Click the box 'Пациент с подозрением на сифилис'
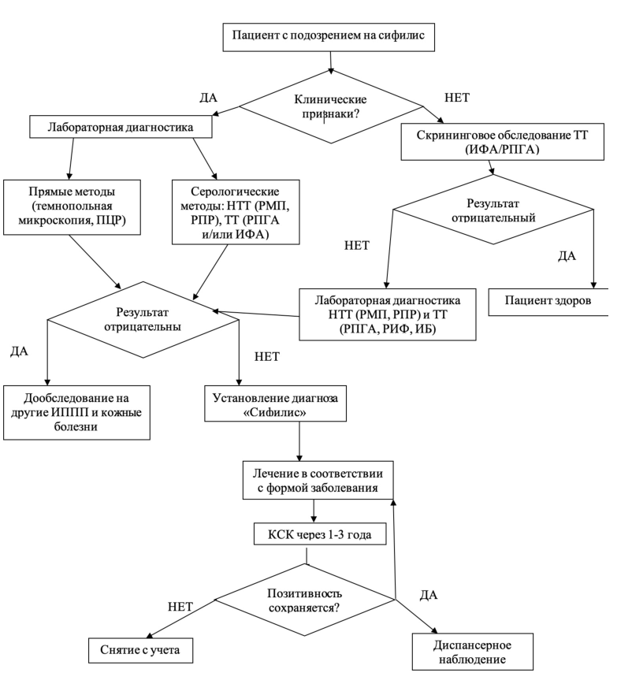pos(329,36)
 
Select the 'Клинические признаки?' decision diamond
pos(331,106)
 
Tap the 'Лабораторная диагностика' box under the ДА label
pos(121,127)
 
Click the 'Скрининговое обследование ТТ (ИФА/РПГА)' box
pos(502,142)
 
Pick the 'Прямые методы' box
pos(72,207)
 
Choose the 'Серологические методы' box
pos(236,212)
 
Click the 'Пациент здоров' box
pos(548,301)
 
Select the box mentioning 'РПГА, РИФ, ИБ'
pos(388,314)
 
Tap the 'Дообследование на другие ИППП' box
pos(76,413)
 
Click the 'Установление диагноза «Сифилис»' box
pos(275,403)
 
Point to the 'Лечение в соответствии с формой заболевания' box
pos(318,481)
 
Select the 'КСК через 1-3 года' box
pos(319,534)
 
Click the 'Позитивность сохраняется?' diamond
pos(305,600)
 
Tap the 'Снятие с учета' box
pos(140,651)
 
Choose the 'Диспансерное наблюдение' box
pos(473,652)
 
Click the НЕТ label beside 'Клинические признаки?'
pos(457,98)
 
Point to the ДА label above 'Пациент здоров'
pos(567,256)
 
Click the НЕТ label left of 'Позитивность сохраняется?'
pos(180,607)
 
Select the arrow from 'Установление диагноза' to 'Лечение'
pos(299,441)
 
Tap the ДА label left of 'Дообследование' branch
pos(20,351)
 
